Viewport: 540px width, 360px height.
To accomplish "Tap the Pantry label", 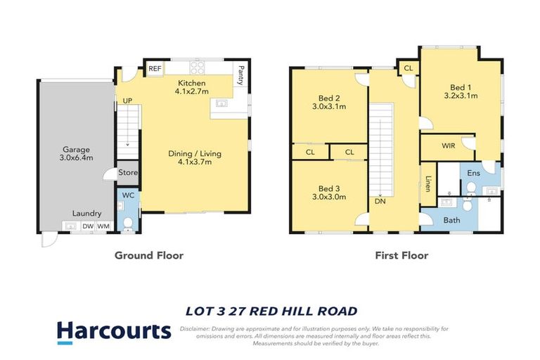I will [241, 75].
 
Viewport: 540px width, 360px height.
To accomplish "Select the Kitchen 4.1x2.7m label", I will [191, 88].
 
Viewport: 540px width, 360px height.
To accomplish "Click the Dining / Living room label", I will [190, 157].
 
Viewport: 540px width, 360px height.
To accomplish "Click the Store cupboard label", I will [129, 172].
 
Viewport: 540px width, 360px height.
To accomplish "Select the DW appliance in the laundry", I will [87, 226].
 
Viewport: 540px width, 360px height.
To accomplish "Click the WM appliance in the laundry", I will [103, 226].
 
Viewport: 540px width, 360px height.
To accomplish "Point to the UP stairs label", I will [127, 101].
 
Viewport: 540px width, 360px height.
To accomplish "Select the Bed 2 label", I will [329, 103].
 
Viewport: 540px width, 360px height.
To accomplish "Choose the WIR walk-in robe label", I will [448, 146].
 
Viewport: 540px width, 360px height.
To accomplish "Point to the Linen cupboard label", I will [428, 184].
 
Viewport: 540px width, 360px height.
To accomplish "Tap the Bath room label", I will [452, 220].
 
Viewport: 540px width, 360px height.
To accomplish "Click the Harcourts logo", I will [113, 331].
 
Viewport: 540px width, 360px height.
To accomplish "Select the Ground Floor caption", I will [148, 255].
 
